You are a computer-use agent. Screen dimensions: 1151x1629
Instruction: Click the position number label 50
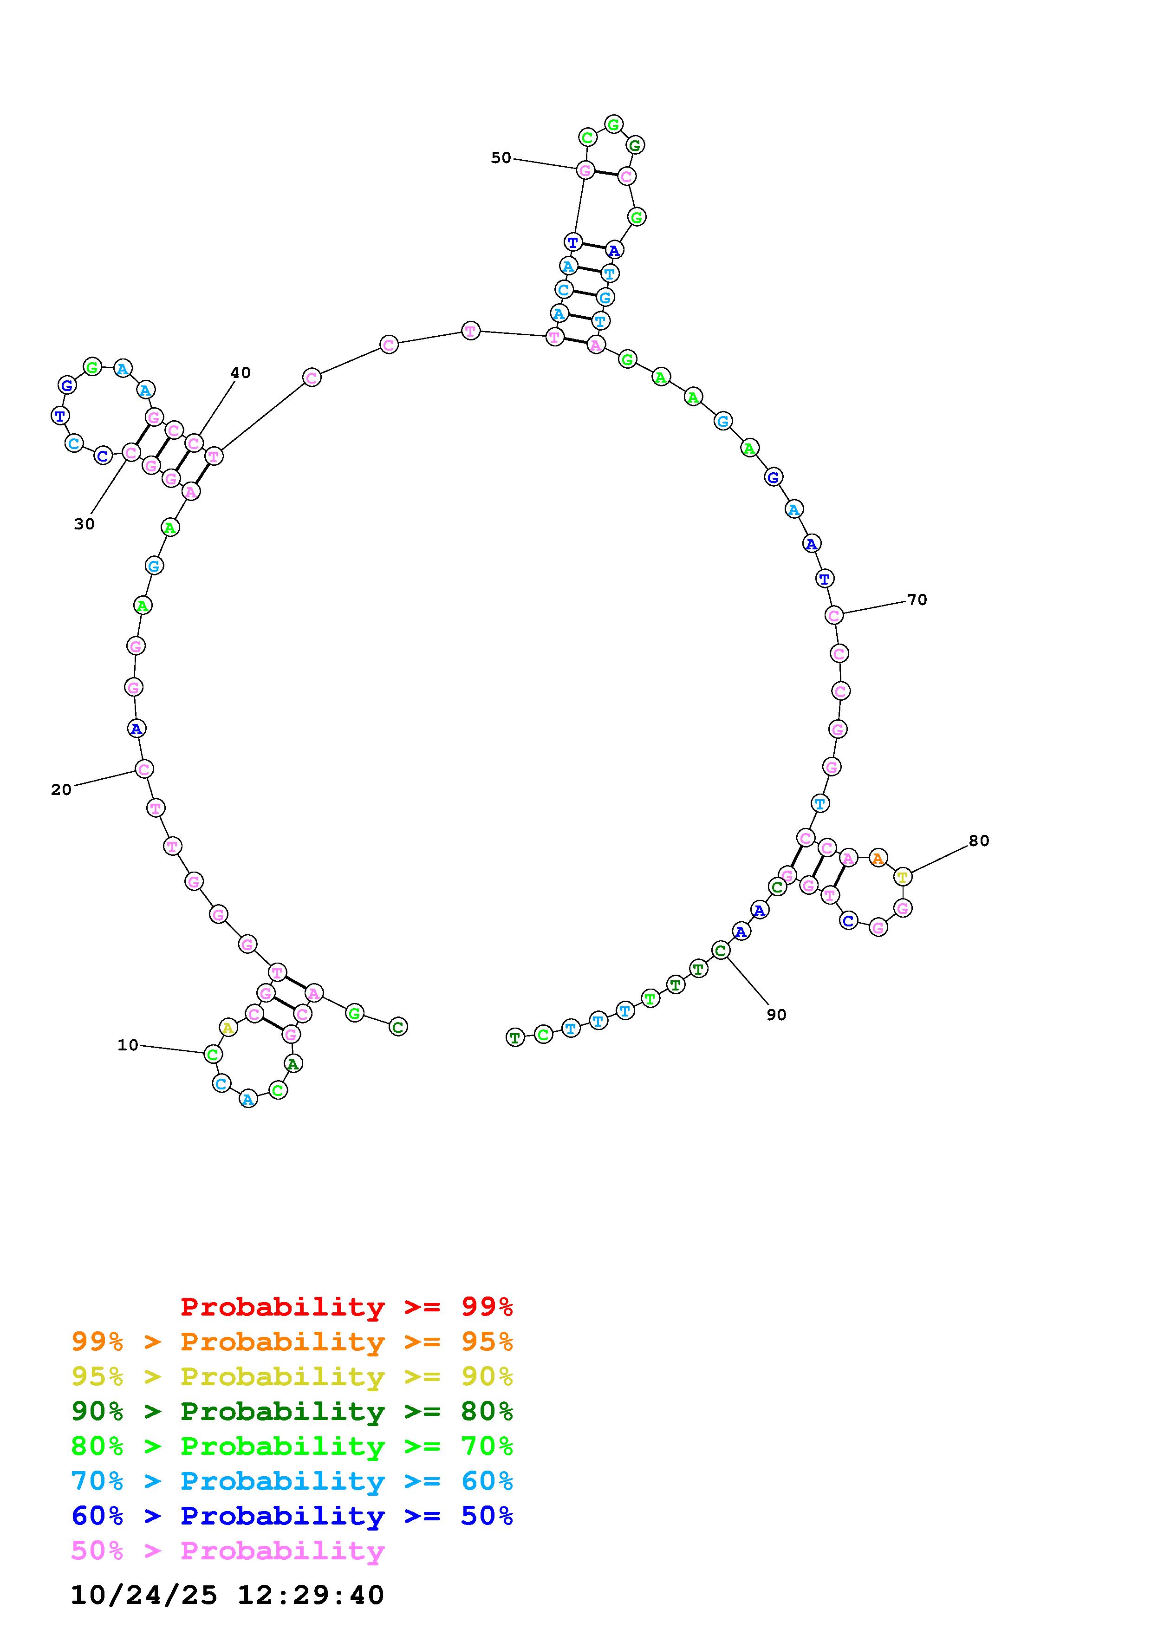tap(501, 157)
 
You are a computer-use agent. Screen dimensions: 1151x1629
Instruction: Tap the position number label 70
tap(917, 599)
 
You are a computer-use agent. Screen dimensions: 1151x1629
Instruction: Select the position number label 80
tap(979, 840)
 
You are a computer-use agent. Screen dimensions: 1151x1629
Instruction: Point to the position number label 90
tap(777, 1015)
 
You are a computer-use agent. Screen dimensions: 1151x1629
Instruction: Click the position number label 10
tap(128, 1044)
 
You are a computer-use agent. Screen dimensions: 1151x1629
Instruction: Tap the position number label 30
tap(85, 524)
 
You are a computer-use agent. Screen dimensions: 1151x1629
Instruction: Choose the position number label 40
tap(241, 372)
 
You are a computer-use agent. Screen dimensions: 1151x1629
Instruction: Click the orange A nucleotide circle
tap(878, 858)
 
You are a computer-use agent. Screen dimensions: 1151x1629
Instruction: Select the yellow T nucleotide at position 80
tap(902, 876)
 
